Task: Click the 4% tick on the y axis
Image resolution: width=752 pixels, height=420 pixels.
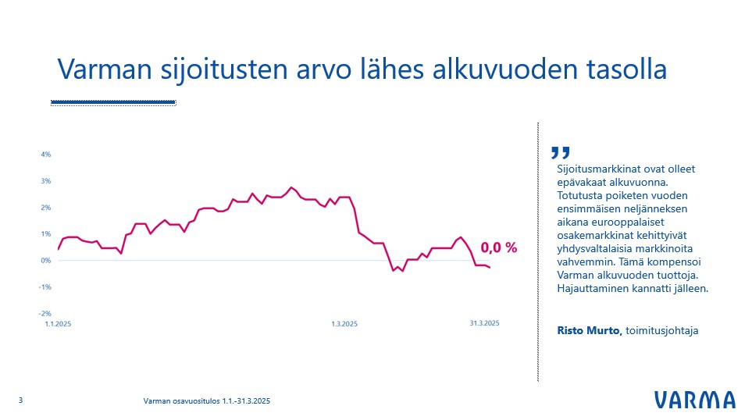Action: click(47, 155)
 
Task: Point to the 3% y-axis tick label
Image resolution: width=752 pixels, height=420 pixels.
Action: click(47, 181)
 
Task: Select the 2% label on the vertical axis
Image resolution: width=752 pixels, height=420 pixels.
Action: click(47, 208)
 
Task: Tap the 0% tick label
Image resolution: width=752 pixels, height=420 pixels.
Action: click(47, 261)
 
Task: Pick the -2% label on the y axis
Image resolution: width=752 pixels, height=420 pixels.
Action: click(46, 314)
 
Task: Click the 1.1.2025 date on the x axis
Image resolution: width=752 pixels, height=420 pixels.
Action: click(57, 323)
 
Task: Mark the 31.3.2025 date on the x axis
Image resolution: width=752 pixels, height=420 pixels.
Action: click(484, 323)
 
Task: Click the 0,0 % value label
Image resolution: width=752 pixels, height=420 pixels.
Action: click(499, 247)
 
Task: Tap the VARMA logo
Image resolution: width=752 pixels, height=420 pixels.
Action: click(694, 400)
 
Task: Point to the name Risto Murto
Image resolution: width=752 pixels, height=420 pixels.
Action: click(589, 331)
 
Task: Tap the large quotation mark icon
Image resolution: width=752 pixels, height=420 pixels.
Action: click(561, 152)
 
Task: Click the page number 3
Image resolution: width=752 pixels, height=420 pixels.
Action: click(20, 400)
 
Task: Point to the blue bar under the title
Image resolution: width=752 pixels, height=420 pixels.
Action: click(112, 101)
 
